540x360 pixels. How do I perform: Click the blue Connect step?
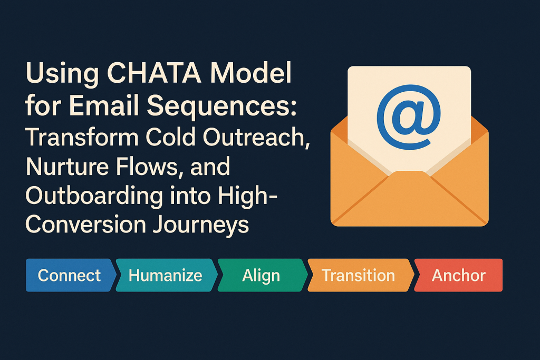pyautogui.click(x=69, y=275)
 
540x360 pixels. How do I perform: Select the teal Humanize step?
pyautogui.click(x=166, y=275)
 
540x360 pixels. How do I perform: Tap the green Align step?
pyautogui.click(x=261, y=275)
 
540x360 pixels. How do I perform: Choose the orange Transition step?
pyautogui.click(x=359, y=275)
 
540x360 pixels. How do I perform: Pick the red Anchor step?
pyautogui.click(x=459, y=275)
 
